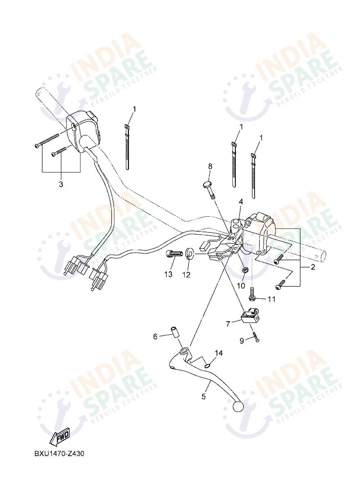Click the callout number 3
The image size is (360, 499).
pyautogui.click(x=61, y=184)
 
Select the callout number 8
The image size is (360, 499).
pyautogui.click(x=210, y=166)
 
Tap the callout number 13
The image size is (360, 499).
pyautogui.click(x=168, y=274)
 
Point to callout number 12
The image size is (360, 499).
pyautogui.click(x=186, y=275)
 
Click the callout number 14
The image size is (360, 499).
pyautogui.click(x=219, y=353)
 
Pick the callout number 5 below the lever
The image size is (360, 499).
pyautogui.click(x=203, y=396)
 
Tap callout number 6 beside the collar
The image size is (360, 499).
pyautogui.click(x=155, y=336)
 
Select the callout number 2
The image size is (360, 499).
pyautogui.click(x=313, y=268)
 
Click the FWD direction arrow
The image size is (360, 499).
pyautogui.click(x=60, y=437)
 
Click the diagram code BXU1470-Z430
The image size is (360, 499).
pyautogui.click(x=59, y=454)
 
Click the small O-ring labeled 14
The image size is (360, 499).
pyautogui.click(x=208, y=365)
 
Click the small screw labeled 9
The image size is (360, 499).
pyautogui.click(x=256, y=338)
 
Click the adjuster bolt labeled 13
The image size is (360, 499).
pyautogui.click(x=173, y=255)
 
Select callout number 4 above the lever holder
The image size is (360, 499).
pyautogui.click(x=241, y=201)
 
